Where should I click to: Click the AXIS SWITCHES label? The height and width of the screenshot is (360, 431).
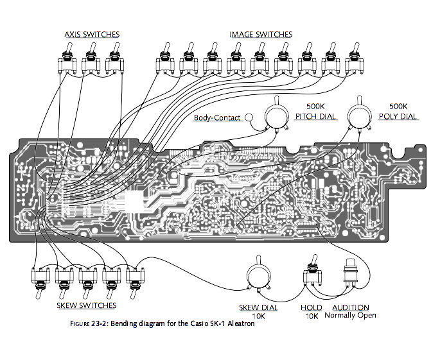91,34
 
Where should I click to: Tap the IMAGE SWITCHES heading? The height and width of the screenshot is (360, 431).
260,34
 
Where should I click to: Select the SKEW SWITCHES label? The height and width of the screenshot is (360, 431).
87,305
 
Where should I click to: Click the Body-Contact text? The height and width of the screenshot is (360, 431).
217,118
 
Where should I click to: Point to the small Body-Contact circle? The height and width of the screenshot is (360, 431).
251,117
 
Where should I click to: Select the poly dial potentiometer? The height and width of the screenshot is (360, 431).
358,116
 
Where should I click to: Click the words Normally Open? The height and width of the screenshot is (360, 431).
350,315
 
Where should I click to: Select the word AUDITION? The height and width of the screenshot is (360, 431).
350,307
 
